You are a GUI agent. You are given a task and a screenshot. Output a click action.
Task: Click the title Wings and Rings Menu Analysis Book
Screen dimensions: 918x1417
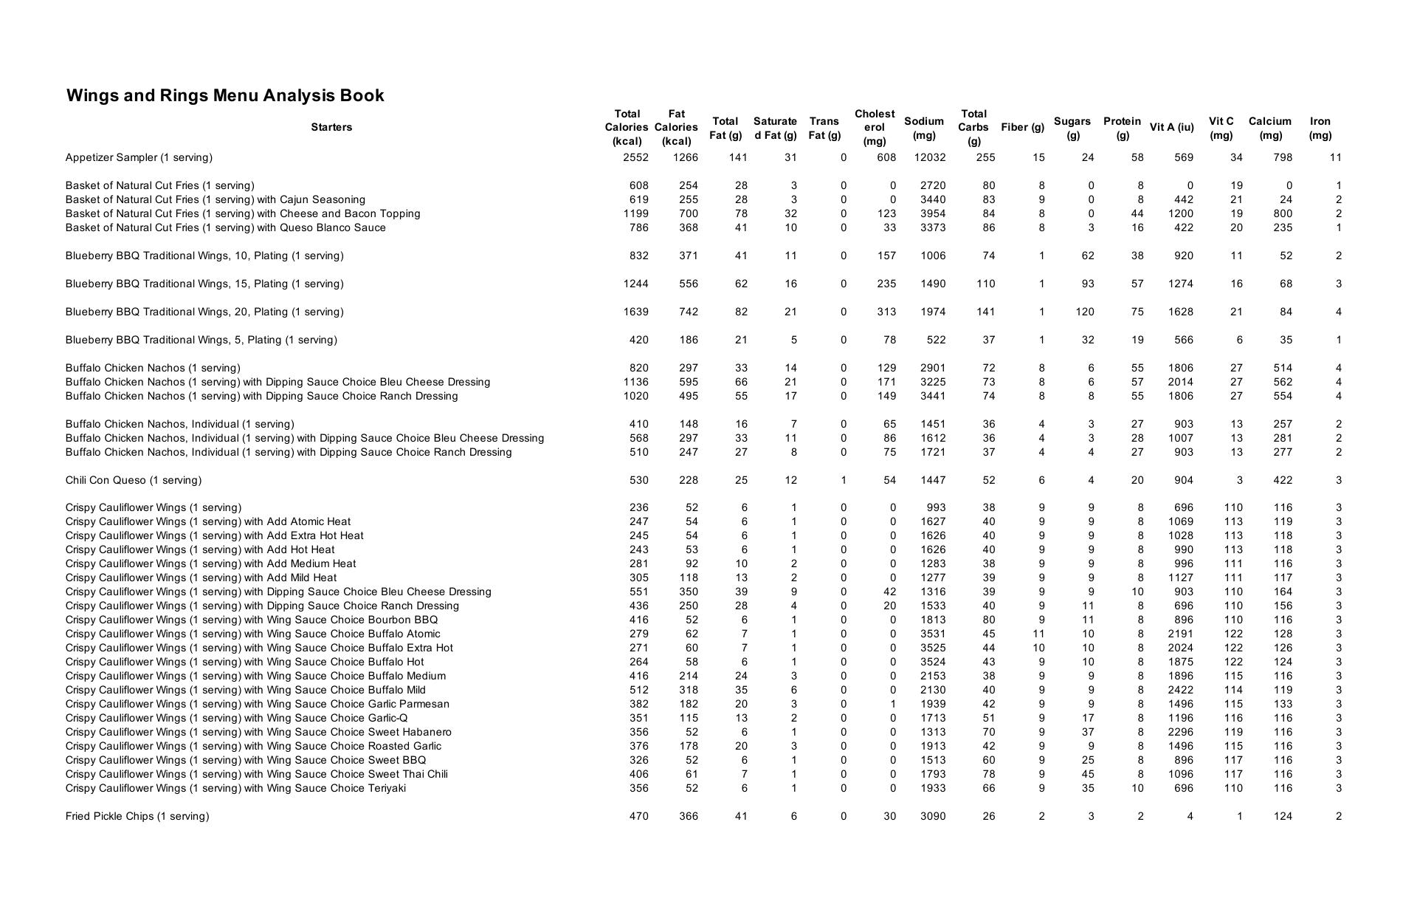(x=225, y=95)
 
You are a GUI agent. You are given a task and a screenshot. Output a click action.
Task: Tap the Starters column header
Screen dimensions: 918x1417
(x=331, y=127)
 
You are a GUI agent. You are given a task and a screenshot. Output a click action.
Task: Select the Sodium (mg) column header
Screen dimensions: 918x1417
(x=923, y=128)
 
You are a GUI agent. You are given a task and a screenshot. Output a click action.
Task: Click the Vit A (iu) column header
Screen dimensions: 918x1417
(x=1171, y=127)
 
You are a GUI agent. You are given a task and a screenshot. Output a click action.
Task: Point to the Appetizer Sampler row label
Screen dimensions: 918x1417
(x=139, y=157)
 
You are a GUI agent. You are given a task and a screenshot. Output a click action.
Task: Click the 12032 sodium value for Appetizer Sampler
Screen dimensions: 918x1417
(x=929, y=157)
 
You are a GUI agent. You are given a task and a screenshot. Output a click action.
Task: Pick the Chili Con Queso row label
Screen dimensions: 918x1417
(x=133, y=480)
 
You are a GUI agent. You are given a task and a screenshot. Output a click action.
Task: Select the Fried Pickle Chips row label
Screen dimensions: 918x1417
(x=137, y=816)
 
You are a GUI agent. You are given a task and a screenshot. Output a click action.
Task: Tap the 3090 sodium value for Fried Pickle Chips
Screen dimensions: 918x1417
(x=933, y=816)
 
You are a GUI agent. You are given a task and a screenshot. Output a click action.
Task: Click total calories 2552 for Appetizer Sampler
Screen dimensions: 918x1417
(x=635, y=157)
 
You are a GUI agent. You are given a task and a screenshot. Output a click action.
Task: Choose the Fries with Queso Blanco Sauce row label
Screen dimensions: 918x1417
(x=225, y=227)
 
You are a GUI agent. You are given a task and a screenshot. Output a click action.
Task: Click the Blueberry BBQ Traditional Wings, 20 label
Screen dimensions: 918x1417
(x=204, y=312)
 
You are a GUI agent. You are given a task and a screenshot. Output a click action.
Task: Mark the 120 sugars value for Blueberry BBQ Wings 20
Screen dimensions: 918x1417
(x=1084, y=312)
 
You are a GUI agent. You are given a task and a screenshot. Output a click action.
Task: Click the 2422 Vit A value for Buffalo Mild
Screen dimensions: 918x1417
(x=1180, y=690)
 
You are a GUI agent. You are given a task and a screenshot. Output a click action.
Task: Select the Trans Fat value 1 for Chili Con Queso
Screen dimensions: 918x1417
(x=844, y=480)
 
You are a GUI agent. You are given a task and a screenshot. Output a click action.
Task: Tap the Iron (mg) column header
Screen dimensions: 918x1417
(x=1320, y=128)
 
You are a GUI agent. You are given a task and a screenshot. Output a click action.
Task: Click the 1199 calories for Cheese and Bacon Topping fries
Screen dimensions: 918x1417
(x=635, y=213)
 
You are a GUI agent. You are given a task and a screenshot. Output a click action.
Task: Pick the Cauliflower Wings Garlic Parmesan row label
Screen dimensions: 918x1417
(x=257, y=704)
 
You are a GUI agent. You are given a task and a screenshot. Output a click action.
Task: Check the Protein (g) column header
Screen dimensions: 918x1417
(x=1122, y=128)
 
